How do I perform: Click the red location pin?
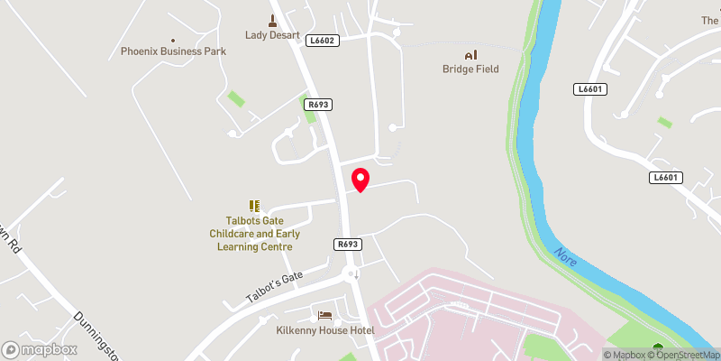coord(360,180)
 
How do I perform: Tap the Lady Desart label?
coord(272,35)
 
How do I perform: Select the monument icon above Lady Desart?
coord(272,20)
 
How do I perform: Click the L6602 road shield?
coord(322,40)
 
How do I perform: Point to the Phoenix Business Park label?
coord(173,51)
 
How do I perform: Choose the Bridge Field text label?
coord(470,69)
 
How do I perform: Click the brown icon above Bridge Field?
coord(470,54)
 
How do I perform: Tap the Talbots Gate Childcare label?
coord(255,233)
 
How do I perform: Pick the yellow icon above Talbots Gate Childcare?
coord(255,207)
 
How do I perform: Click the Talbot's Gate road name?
coord(276,288)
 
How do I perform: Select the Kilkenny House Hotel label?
coord(324,330)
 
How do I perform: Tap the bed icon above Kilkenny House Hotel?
coord(324,315)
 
